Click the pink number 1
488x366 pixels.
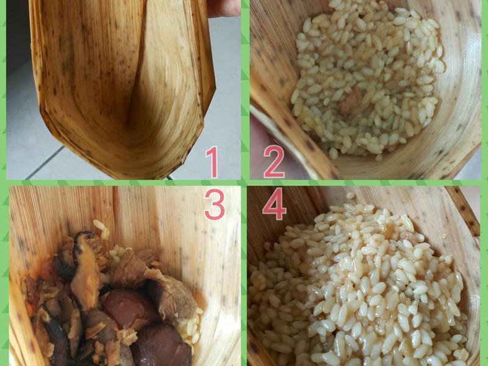[212, 162]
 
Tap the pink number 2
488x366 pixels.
[274, 162]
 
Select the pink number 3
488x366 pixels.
[215, 204]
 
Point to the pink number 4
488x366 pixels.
[274, 204]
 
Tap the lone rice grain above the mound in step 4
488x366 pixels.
[351, 195]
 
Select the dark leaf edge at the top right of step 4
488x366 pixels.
[463, 211]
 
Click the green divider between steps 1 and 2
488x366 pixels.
[245, 90]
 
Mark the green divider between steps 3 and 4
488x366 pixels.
[244, 276]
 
